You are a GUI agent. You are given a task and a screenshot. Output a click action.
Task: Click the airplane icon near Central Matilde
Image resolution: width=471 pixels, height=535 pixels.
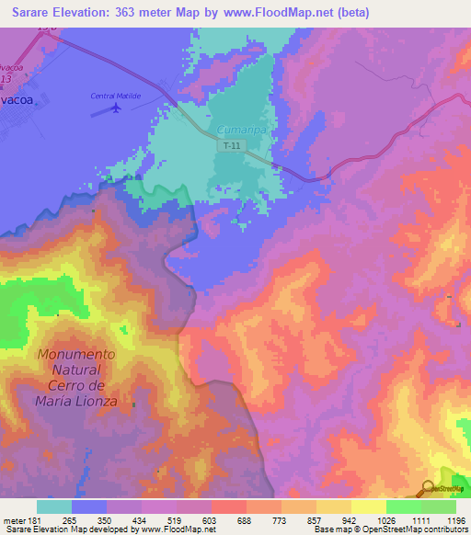[116, 108]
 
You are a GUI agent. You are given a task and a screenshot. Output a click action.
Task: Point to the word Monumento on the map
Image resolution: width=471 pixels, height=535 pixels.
[76, 354]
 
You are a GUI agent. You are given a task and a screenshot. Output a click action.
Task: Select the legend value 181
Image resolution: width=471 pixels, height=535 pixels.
[35, 519]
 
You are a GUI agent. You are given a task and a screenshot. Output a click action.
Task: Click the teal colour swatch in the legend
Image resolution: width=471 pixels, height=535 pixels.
[54, 507]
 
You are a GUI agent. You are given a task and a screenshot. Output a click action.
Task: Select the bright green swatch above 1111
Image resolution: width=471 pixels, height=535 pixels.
[403, 507]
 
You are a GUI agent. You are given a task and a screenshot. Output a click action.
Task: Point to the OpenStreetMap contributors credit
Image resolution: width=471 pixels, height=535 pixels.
[408, 529]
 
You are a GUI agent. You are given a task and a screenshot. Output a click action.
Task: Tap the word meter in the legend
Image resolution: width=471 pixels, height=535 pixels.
[13, 519]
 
